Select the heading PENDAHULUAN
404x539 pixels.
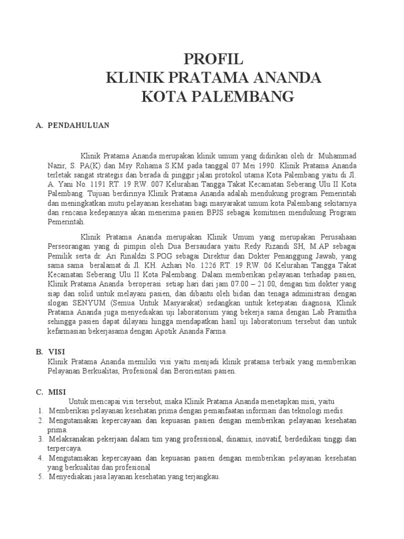pyautogui.click(x=78, y=125)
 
